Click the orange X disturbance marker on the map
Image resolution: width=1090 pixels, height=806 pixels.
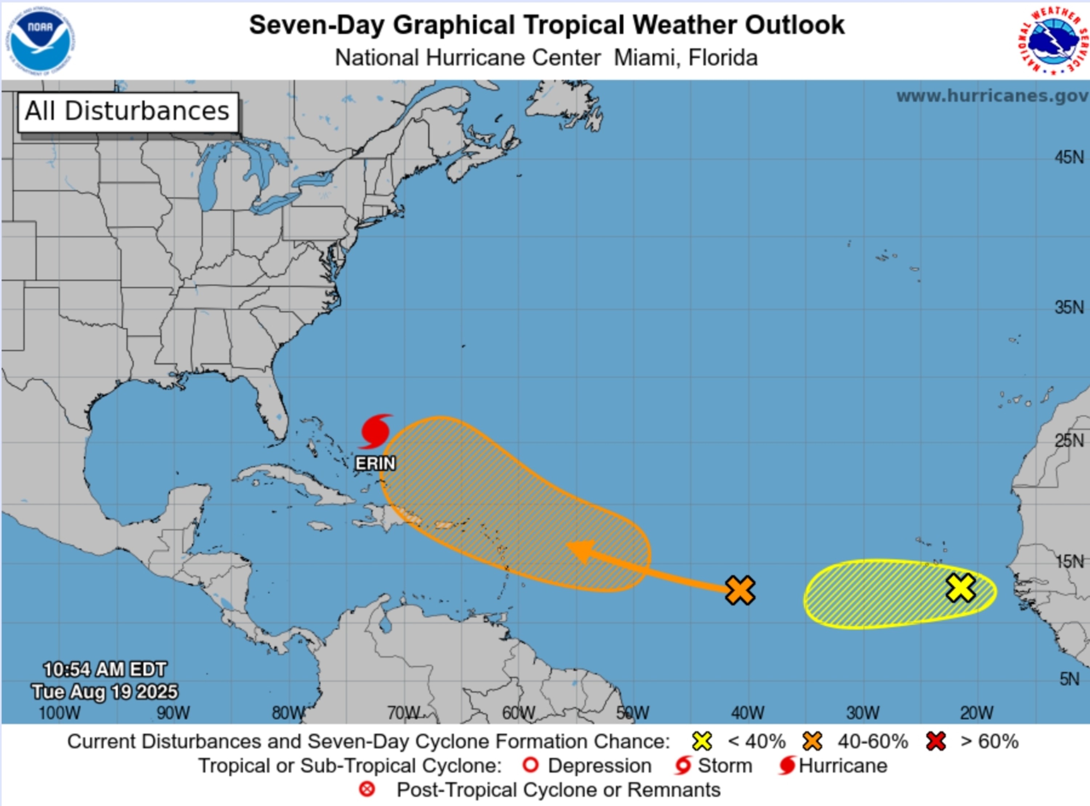[x=740, y=590]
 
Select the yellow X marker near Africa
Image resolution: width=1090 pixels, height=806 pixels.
[x=961, y=587]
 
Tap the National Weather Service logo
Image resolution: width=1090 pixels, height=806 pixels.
[x=1053, y=40]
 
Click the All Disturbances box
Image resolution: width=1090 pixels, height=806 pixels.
[x=128, y=112]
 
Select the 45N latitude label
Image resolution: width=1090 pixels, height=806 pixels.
[x=1069, y=157]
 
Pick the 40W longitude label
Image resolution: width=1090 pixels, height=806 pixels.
[x=747, y=713]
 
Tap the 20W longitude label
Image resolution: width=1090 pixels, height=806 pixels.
[x=976, y=713]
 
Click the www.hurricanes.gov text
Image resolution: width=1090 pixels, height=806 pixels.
[x=992, y=96]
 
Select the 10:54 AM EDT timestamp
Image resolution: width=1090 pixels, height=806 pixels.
[x=105, y=669]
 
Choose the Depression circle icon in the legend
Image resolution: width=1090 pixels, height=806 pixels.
[x=530, y=765]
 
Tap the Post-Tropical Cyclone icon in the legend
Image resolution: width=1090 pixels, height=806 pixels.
[x=367, y=789]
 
